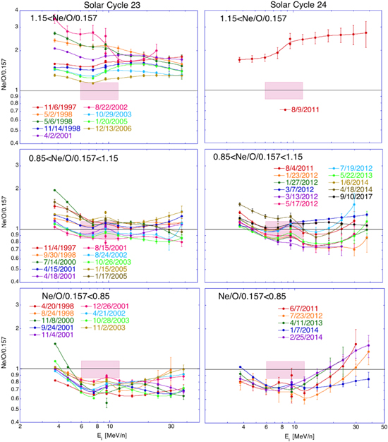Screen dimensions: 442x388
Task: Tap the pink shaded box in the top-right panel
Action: (x=284, y=90)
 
